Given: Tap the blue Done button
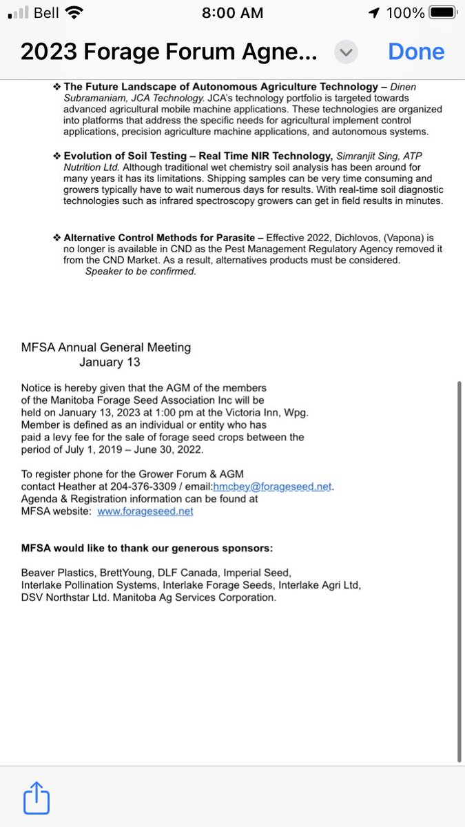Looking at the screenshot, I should coord(416,52).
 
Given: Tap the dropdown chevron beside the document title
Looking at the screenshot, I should coord(347,52).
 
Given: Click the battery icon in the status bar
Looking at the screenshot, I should coord(441,12).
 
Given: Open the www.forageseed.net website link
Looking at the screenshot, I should coord(145,511).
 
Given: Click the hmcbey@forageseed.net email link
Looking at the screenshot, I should coord(273,487).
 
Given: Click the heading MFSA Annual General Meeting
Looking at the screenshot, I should coord(106,348).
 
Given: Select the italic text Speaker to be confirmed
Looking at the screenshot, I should coord(141,272).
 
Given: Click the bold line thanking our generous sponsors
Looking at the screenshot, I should coord(147,549).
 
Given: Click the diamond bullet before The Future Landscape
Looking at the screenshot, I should coord(57,87).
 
